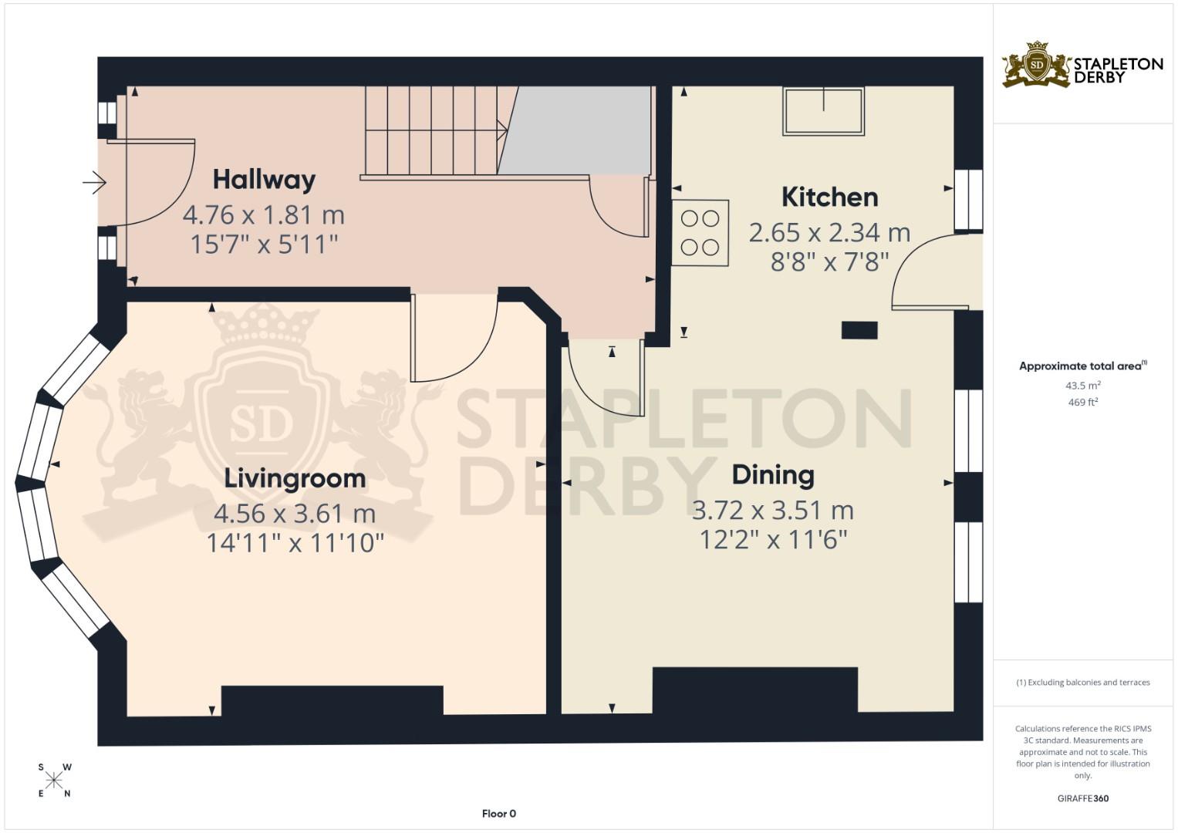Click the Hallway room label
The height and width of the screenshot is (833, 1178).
264,180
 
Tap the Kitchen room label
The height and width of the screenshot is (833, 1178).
829,197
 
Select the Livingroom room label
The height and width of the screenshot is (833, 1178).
295,478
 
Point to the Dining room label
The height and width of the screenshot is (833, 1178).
773,475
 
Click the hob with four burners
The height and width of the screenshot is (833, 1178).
700,233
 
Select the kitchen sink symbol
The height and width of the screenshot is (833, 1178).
823,112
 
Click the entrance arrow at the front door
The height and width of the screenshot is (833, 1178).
94,183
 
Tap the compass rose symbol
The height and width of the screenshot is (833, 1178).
54,781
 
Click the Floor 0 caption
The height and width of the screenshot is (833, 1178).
499,814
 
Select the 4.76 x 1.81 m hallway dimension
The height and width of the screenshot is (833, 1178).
263,214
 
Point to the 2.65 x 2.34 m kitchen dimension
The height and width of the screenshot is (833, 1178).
829,232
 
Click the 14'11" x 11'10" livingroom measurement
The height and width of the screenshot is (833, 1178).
295,543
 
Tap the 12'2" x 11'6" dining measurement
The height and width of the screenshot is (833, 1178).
773,539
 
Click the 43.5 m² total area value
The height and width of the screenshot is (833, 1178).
1082,386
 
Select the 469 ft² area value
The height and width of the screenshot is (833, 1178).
1082,402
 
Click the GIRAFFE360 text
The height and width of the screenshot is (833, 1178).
1082,798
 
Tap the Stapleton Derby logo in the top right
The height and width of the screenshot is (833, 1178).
1082,66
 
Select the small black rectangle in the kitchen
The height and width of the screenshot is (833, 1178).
859,330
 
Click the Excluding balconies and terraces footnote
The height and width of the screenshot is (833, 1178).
1082,683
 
